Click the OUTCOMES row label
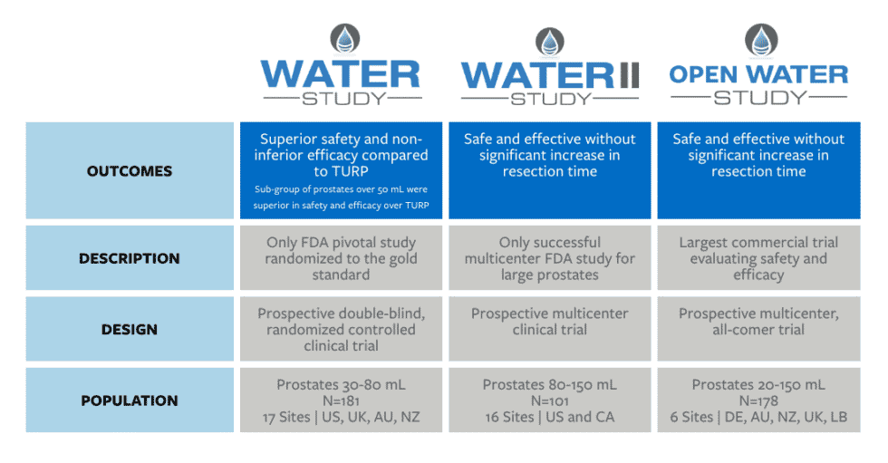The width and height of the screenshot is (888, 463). tap(129, 171)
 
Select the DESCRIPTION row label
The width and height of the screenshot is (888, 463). tap(129, 258)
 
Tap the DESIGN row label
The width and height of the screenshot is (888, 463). tap(129, 330)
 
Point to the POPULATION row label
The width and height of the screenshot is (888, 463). tap(129, 400)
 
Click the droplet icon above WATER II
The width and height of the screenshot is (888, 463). tap(549, 42)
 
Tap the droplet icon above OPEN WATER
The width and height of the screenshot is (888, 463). tap(761, 40)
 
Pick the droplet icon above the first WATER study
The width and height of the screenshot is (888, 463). tap(345, 39)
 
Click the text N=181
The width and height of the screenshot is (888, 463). tap(341, 400)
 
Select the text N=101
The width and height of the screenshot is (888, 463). tap(549, 400)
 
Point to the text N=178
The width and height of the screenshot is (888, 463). tap(758, 400)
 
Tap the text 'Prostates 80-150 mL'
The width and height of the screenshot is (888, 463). tap(549, 385)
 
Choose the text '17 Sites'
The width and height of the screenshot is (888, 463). tap(286, 417)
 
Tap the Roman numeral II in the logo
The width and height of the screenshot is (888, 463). tap(629, 76)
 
